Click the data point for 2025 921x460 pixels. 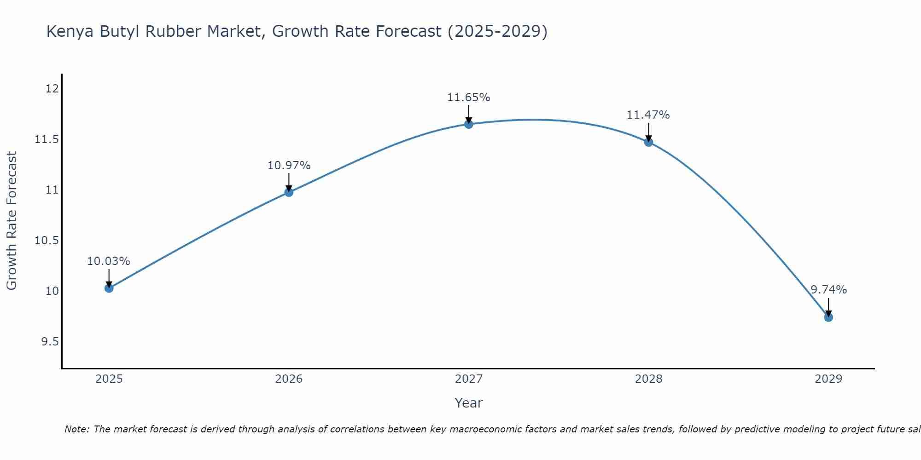click(109, 288)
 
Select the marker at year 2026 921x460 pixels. click(289, 192)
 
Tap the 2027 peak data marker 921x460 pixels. click(469, 124)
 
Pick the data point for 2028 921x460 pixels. click(648, 142)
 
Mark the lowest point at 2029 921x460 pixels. click(828, 317)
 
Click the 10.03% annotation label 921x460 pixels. click(109, 261)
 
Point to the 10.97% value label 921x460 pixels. click(289, 166)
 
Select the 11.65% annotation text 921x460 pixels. click(468, 98)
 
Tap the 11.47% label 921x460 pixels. click(648, 115)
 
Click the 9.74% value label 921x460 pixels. click(828, 290)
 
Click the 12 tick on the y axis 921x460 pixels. click(52, 88)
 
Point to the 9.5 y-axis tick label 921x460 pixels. click(50, 341)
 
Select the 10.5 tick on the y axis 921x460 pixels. click(47, 240)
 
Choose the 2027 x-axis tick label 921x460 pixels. click(469, 379)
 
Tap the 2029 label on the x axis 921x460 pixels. click(828, 379)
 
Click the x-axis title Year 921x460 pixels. click(468, 403)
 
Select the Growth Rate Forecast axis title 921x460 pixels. click(12, 221)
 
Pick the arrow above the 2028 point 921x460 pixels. click(648, 132)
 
